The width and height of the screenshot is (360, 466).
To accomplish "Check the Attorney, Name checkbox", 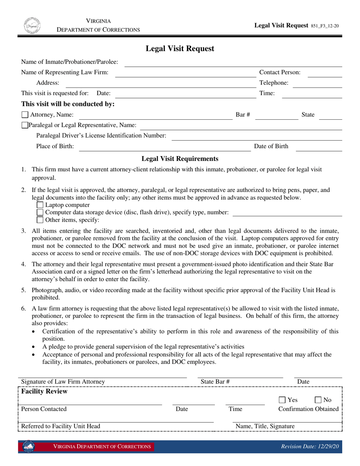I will pyautogui.click(x=25, y=115).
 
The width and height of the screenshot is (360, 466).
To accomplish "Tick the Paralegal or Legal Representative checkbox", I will pyautogui.click(x=25, y=125).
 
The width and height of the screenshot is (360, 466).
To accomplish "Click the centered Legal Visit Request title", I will pyautogui.click(x=180, y=48).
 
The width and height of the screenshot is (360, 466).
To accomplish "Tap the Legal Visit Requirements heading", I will pyautogui.click(x=180, y=159).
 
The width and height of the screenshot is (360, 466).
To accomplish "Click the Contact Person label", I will pyautogui.click(x=280, y=72).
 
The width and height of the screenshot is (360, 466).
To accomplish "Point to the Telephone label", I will pyautogui.click(x=274, y=83).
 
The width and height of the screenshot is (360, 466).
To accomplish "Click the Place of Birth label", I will pyautogui.click(x=55, y=146).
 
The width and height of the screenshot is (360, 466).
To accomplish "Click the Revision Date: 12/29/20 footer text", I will pyautogui.click(x=310, y=447).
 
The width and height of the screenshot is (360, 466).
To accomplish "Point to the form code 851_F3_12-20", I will pyautogui.click(x=325, y=26).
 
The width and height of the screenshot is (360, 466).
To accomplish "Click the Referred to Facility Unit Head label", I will pyautogui.click(x=61, y=426).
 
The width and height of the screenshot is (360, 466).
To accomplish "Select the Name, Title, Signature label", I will pyautogui.click(x=265, y=426).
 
